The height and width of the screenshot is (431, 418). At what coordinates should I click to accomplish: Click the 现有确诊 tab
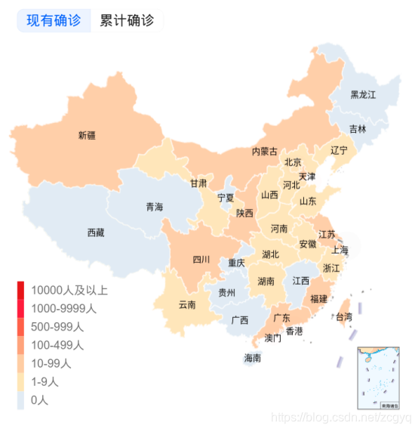54,21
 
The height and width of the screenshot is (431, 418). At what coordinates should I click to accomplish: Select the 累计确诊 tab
127,21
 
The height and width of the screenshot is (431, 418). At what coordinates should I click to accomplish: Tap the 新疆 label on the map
88,136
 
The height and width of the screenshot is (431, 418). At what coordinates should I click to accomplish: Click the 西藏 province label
96,232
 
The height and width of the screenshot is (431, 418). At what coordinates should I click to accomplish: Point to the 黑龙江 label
363,95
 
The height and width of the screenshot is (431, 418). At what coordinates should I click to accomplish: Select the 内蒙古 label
264,152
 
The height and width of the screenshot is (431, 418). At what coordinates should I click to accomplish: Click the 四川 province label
201,260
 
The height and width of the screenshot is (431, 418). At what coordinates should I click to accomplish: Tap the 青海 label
154,207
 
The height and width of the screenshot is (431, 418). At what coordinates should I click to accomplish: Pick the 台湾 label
343,317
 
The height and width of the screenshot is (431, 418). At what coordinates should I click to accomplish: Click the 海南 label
253,358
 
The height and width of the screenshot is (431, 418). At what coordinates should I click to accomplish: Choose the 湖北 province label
270,254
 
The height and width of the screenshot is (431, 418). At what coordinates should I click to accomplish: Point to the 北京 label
293,162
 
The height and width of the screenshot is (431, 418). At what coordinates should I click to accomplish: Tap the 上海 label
340,251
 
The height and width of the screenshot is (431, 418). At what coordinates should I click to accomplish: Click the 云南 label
187,305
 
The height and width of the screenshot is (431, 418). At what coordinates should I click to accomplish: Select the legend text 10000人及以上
69,291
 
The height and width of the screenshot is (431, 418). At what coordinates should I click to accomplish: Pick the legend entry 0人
39,400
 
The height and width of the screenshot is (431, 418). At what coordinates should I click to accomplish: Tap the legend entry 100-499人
57,345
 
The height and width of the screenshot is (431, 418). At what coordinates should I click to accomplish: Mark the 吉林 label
358,129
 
